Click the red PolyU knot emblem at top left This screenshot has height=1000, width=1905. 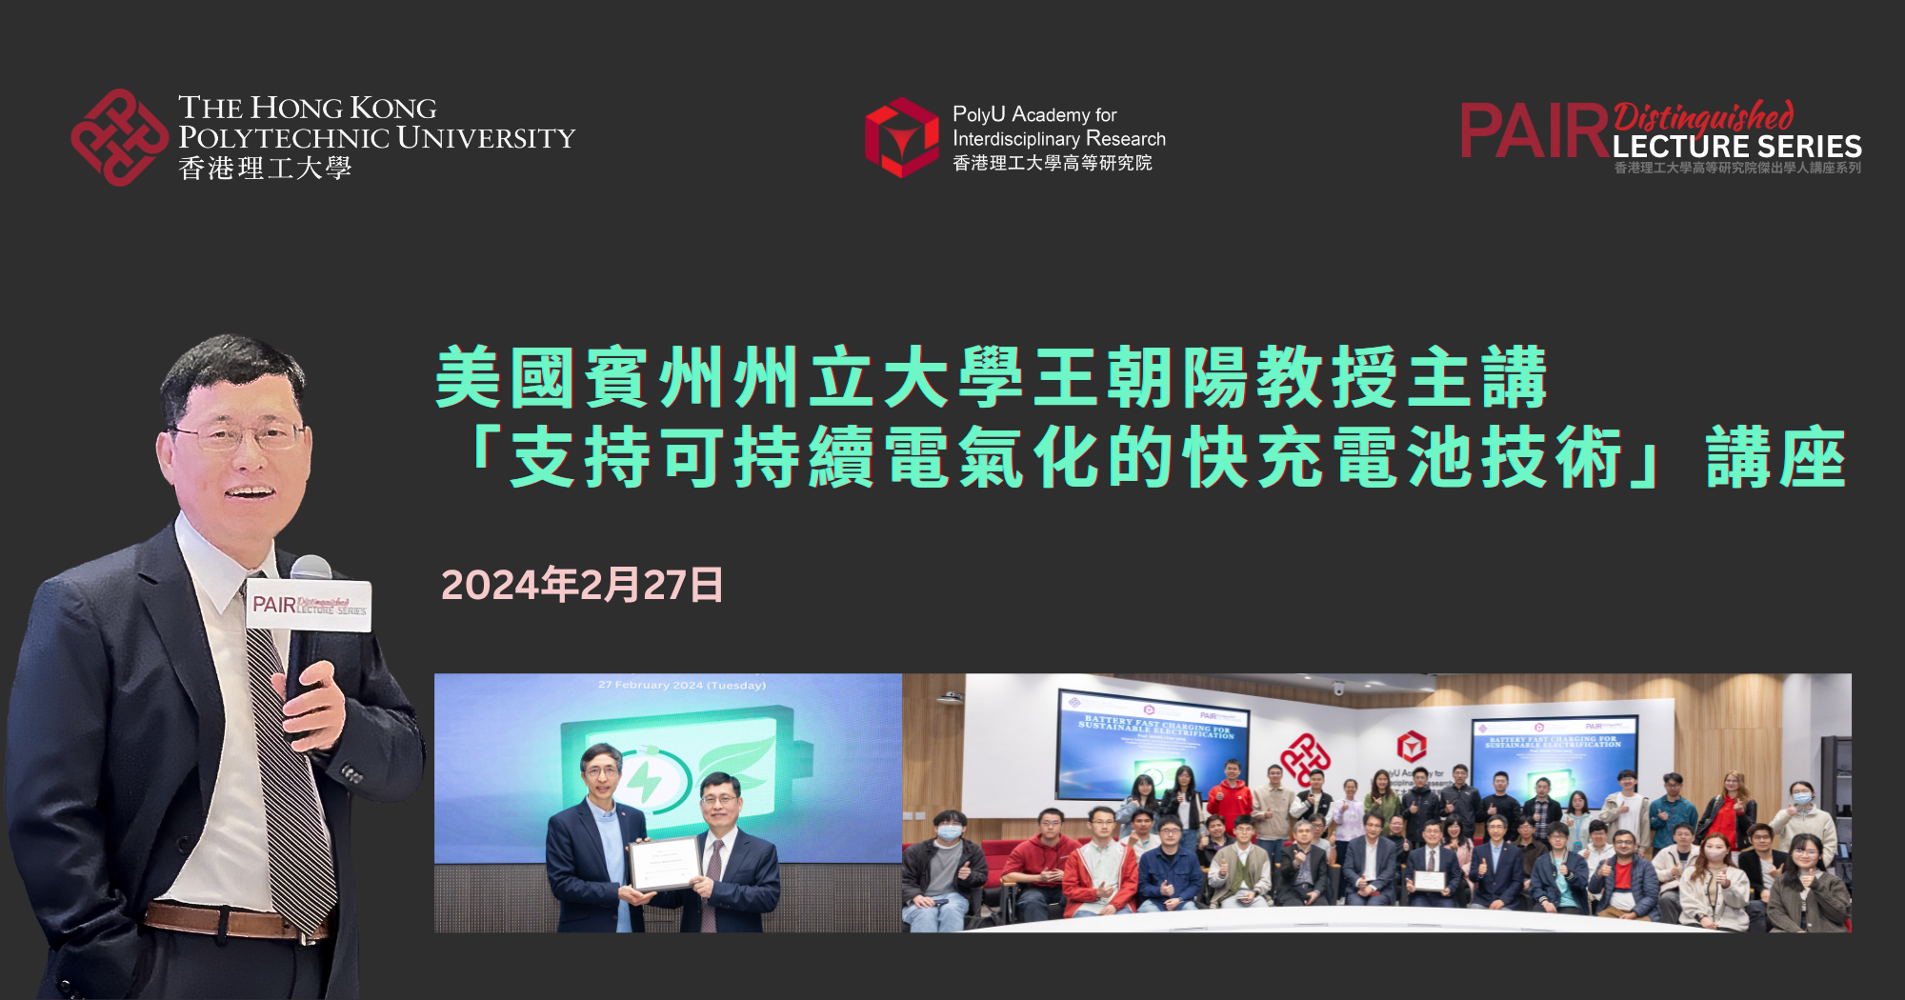[x=119, y=137]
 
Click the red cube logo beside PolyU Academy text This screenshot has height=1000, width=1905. [x=901, y=137]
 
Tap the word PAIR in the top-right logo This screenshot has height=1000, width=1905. [x=1534, y=131]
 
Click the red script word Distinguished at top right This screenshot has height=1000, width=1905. [x=1703, y=117]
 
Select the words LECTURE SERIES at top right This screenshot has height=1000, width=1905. [x=1736, y=147]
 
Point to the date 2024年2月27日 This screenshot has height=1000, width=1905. [x=582, y=585]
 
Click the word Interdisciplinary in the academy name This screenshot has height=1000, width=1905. [x=1017, y=139]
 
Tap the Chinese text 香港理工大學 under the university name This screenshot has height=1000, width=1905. [x=265, y=169]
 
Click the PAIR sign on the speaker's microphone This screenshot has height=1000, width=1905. [x=309, y=604]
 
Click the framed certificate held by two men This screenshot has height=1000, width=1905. [x=664, y=863]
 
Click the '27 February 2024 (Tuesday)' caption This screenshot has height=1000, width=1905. [x=682, y=685]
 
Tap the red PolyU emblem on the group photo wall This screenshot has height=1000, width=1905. [x=1305, y=758]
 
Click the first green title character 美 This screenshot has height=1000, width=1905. [x=469, y=378]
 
